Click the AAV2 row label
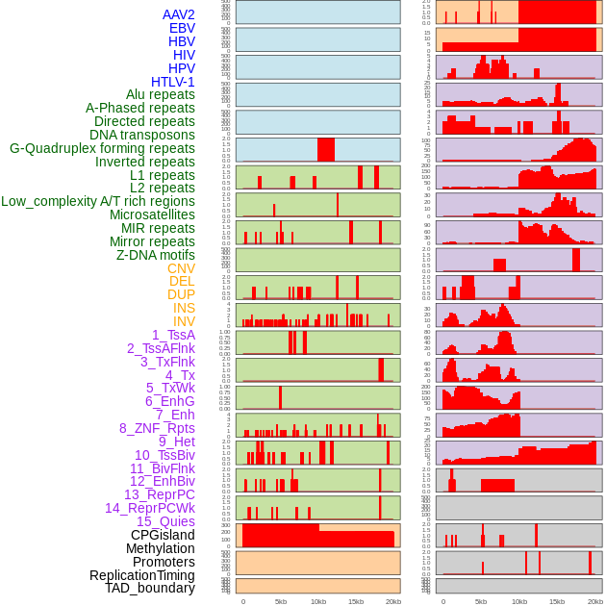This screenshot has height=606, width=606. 178,15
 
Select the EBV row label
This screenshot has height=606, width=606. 182,29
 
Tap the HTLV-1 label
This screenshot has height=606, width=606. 172,82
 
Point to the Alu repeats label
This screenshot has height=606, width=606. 160,95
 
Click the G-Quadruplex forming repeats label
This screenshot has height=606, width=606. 102,148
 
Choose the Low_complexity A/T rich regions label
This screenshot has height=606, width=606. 98,202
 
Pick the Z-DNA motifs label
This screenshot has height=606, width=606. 155,255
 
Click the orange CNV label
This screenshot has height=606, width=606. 181,268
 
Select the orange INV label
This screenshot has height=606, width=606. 184,321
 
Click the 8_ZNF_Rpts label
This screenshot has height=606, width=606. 157,428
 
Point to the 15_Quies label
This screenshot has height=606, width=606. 165,521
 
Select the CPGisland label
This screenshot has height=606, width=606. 163,535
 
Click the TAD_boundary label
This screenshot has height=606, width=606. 150,588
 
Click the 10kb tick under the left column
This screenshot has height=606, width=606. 317,601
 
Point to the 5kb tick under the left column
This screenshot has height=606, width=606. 281,601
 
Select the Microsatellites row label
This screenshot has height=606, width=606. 152,215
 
